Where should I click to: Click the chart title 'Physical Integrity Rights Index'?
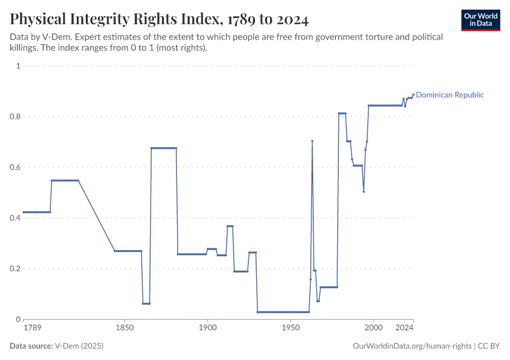tap(159, 20)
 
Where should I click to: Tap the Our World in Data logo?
tap(481, 20)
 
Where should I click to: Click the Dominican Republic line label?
tap(449, 95)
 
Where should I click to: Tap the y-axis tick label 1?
tap(18, 66)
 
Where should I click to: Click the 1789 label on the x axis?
tap(32, 328)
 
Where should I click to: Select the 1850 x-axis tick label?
tap(124, 328)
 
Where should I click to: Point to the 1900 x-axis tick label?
tap(208, 328)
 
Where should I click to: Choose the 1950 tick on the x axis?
tap(290, 328)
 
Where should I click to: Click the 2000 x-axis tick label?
tap(373, 328)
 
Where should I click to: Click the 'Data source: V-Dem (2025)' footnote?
tap(61, 346)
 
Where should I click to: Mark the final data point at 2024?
tap(413, 94)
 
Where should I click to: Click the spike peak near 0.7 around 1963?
tap(312, 141)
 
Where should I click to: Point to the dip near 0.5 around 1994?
tap(364, 191)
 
